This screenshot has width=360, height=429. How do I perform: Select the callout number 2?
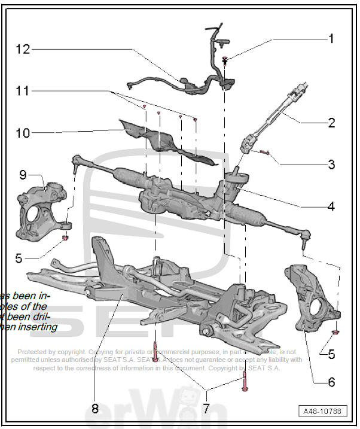(331, 123)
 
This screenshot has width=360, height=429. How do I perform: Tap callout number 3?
(331, 165)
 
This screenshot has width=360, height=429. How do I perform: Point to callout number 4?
(331, 207)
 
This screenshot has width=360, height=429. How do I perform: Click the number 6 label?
(331, 381)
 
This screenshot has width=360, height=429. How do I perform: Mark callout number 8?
(94, 409)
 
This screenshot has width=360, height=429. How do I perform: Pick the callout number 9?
(23, 175)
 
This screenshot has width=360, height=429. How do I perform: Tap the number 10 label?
(22, 133)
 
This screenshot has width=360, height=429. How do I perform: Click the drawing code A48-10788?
(323, 412)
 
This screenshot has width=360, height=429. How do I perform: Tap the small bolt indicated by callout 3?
(265, 153)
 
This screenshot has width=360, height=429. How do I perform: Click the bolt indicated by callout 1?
(225, 60)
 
